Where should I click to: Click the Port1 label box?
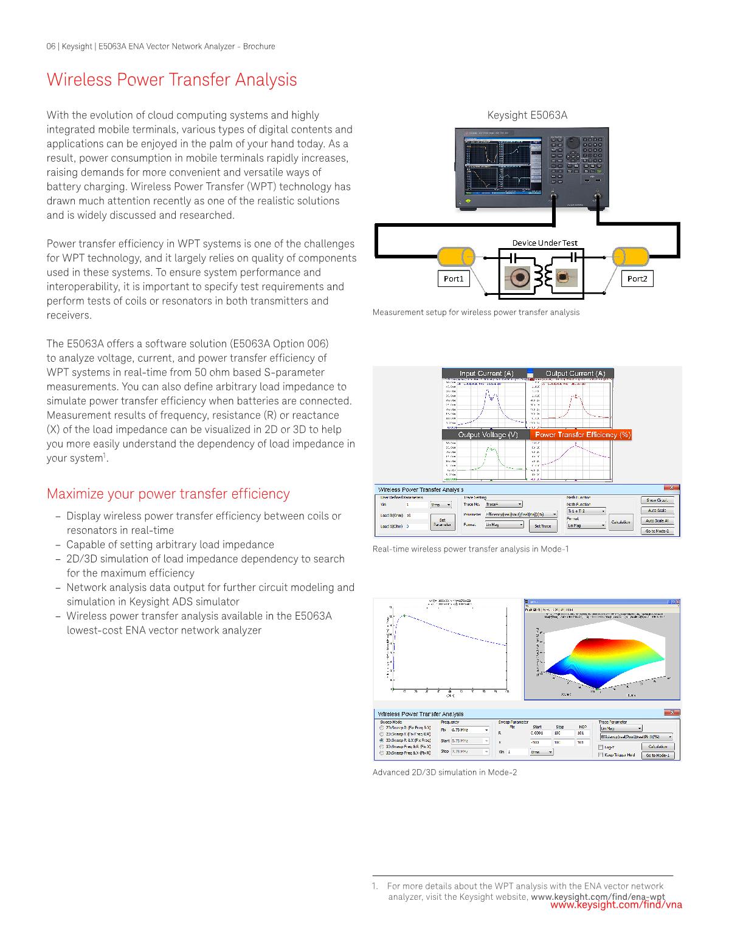[x=454, y=278]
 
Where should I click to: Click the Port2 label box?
[x=637, y=278]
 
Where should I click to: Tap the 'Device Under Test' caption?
[x=544, y=243]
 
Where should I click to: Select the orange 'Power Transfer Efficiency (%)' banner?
[x=582, y=434]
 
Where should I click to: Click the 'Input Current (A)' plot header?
[x=486, y=373]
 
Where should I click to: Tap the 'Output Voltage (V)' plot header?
[x=488, y=434]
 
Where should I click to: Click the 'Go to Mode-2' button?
[x=657, y=531]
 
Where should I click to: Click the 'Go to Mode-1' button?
[x=657, y=755]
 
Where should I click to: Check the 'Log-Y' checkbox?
[x=601, y=747]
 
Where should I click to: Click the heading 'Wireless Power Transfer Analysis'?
[x=172, y=80]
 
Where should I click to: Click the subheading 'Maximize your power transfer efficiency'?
[x=168, y=494]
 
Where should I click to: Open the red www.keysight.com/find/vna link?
[x=616, y=905]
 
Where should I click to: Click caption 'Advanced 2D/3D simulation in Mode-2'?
[x=444, y=772]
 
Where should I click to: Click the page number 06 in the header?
[x=51, y=46]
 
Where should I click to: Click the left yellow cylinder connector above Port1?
[x=457, y=256]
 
